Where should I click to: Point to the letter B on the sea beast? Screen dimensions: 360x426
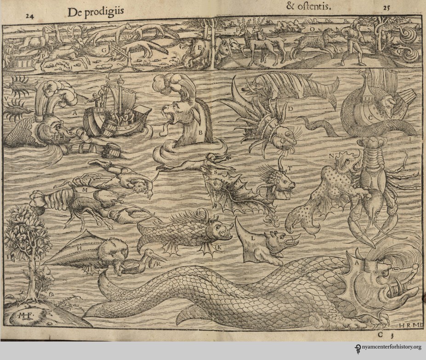click(200, 132)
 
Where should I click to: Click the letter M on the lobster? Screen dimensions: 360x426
click(85, 189)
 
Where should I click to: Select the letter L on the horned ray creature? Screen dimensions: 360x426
click(252, 240)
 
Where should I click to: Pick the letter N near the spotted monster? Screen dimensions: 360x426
click(331, 156)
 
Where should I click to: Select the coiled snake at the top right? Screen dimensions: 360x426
click(408, 44)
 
